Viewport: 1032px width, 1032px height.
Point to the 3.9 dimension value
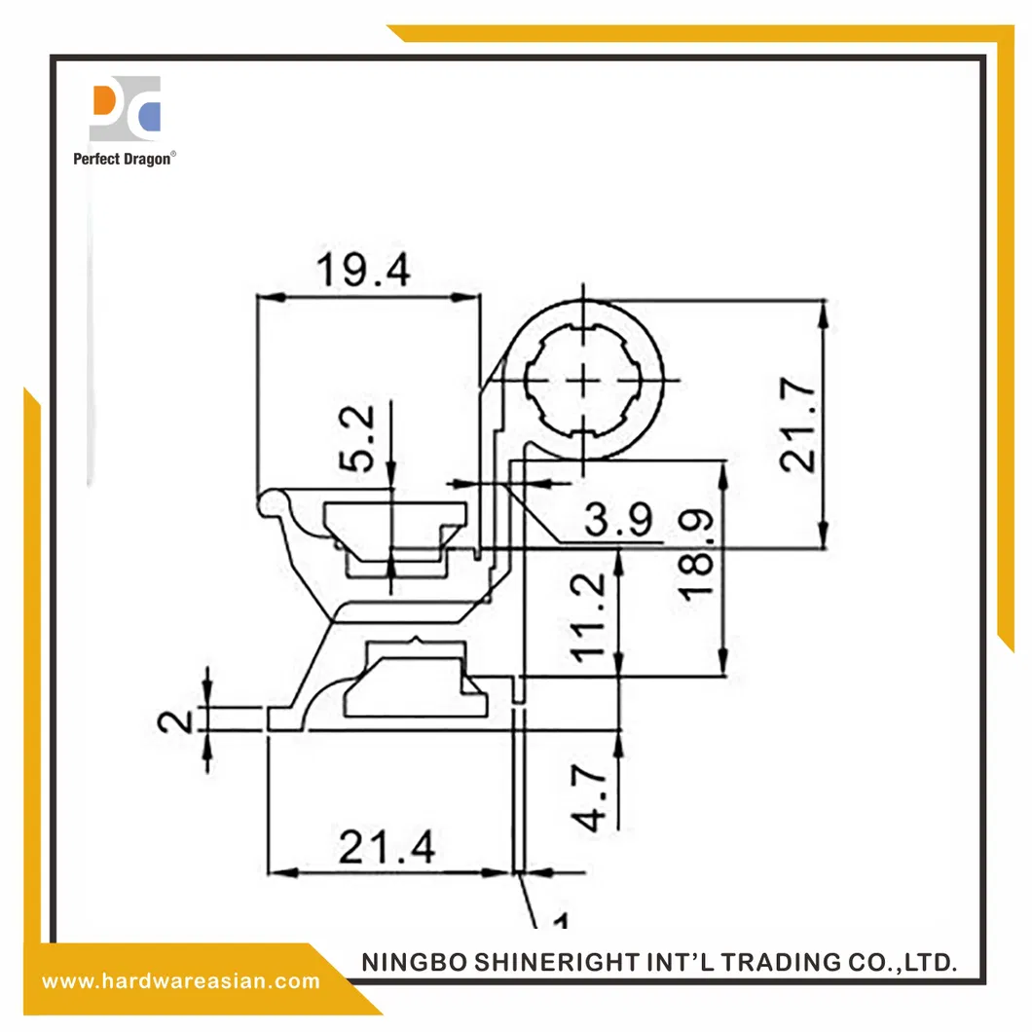tap(618, 523)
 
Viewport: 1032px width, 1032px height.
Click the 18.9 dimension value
tap(698, 555)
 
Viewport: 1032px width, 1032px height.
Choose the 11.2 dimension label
tap(591, 617)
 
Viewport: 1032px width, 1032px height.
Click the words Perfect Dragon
tap(123, 159)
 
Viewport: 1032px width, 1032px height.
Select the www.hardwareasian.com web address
tap(181, 980)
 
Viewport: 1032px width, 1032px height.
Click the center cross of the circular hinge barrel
tap(584, 381)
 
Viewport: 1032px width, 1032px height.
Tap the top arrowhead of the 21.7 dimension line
tap(824, 311)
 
